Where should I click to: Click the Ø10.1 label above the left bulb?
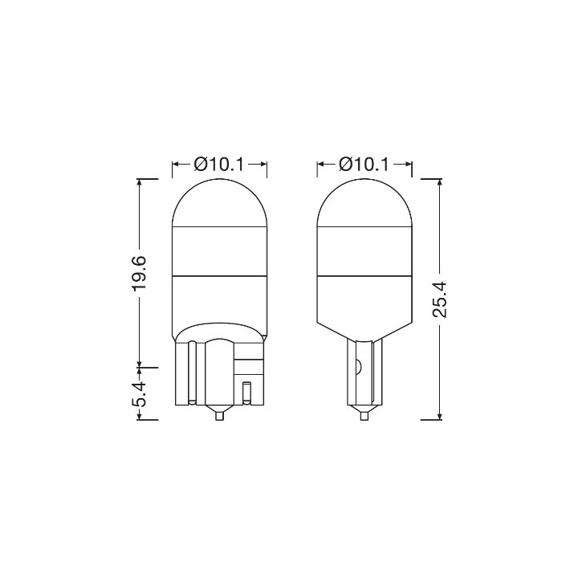point(219,165)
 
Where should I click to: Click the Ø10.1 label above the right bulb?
point(364,165)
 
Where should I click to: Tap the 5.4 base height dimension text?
point(140,394)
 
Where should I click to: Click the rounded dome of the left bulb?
point(220,202)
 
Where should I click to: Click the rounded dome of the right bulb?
point(364,202)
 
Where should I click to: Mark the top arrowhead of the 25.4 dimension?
point(439,182)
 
